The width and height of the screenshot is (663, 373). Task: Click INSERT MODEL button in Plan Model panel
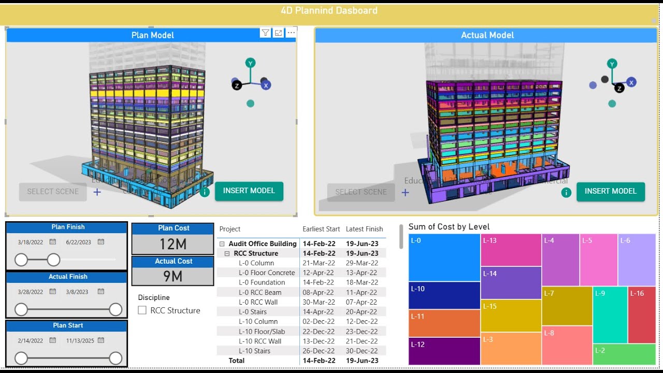[x=249, y=191]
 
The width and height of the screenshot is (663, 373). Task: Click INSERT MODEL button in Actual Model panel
[x=610, y=191]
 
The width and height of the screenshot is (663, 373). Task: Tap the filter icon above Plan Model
[x=265, y=33]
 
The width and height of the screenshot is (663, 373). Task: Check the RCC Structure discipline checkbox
[x=142, y=310]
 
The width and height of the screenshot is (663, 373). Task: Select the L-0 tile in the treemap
[x=444, y=257]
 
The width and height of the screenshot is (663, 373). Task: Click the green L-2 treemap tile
[x=624, y=354]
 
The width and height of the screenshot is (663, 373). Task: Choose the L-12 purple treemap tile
[x=444, y=351]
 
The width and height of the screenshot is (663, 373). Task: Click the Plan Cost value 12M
[x=172, y=244]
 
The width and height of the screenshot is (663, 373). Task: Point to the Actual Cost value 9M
[x=172, y=277]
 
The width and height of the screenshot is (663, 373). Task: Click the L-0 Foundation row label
[x=262, y=282]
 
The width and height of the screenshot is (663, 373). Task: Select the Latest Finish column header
[x=364, y=229]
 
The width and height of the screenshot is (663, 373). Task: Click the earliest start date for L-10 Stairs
[x=319, y=351]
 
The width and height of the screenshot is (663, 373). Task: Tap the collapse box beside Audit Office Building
[x=222, y=244]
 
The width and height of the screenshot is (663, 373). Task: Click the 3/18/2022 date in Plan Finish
[x=31, y=242]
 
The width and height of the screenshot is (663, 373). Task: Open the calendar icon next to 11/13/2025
[x=101, y=340]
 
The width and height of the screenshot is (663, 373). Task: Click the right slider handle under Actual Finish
[x=116, y=309]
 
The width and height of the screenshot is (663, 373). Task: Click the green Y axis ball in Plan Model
[x=250, y=63]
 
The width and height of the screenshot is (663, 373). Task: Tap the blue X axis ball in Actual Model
[x=631, y=82]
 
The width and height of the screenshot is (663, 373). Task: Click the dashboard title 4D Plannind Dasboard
[x=329, y=11]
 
